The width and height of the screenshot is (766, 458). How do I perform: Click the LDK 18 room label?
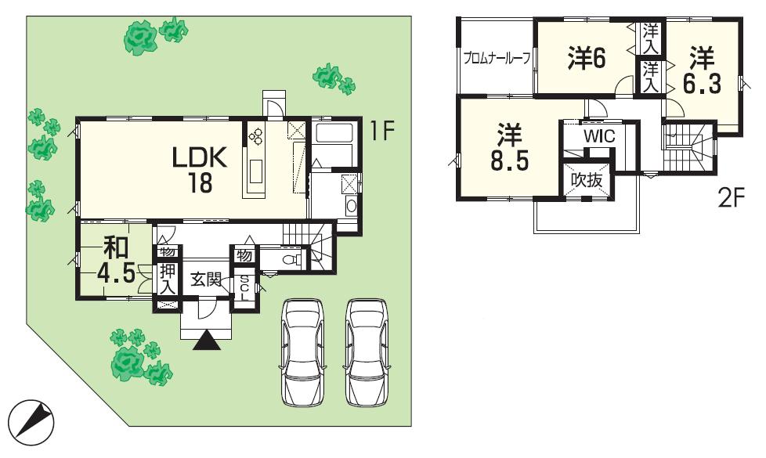(199, 170)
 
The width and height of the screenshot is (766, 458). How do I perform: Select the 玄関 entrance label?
(206, 280)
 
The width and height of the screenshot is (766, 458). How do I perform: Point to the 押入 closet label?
(168, 279)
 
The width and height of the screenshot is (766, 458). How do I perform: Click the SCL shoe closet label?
(244, 288)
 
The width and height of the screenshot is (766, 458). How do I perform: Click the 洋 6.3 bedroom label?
(702, 70)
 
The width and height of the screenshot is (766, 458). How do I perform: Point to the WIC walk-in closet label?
(599, 135)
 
